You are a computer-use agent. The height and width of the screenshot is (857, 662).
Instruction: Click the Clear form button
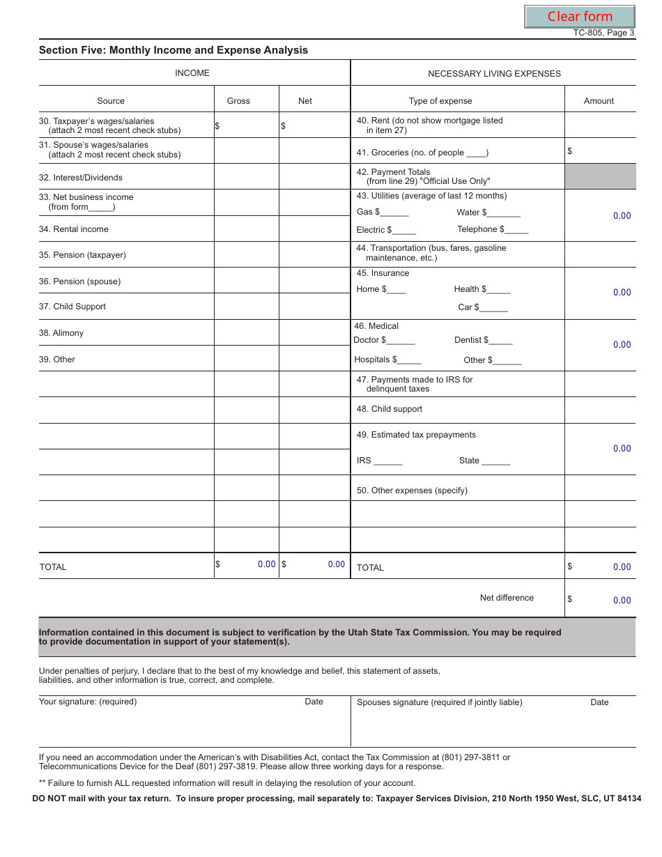click(579, 17)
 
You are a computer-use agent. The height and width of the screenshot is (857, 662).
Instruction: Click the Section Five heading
click(173, 50)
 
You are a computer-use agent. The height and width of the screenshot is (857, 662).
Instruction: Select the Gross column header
click(238, 101)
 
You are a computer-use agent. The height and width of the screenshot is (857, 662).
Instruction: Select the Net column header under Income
click(305, 101)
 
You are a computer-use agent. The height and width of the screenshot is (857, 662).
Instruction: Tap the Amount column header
click(599, 101)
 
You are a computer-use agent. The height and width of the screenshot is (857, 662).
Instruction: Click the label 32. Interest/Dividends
click(81, 178)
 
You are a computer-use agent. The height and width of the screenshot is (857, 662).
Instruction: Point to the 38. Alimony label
click(61, 333)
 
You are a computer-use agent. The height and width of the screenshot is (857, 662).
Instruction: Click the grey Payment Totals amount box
click(599, 176)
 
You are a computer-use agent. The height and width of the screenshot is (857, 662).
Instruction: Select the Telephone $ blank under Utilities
click(516, 230)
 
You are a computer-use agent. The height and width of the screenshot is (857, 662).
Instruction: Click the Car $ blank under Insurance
click(494, 308)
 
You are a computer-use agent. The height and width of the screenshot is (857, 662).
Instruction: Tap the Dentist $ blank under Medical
click(501, 341)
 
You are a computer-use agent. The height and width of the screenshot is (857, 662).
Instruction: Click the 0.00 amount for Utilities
click(622, 216)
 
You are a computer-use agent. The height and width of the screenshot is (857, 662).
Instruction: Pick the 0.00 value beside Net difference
click(622, 601)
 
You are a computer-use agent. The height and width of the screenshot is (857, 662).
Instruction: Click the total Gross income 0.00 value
click(266, 564)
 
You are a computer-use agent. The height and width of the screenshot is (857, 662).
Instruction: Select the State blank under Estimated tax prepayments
click(495, 461)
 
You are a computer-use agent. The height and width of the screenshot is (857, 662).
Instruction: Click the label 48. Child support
click(390, 409)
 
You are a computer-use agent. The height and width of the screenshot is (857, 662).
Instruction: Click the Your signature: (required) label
click(88, 702)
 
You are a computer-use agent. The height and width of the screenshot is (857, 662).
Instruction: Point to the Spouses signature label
click(439, 702)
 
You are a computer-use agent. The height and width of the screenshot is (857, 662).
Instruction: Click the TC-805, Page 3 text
click(603, 33)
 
